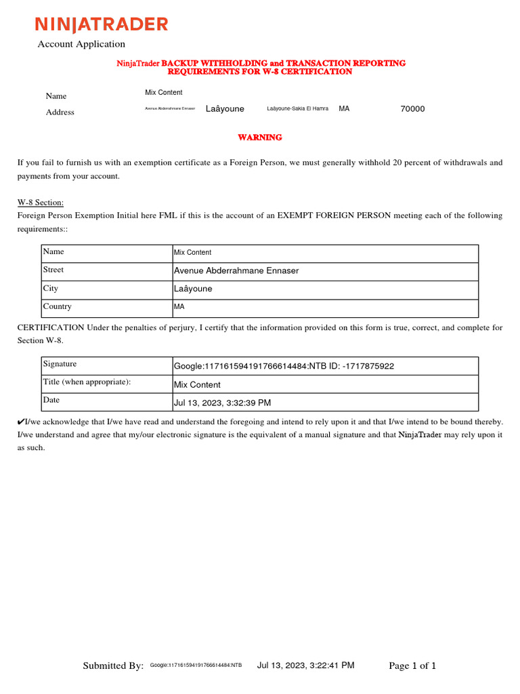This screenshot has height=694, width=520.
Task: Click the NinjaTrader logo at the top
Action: (102, 25)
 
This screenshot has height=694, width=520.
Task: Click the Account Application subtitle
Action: (81, 44)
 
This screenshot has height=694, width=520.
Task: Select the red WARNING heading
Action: (259, 138)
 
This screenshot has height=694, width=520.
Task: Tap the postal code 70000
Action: (413, 108)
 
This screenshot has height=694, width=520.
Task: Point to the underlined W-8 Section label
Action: (41, 203)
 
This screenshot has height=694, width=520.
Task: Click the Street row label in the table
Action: (53, 270)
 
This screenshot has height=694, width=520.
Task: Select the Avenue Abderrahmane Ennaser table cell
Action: (236, 270)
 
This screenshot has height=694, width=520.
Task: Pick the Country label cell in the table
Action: (57, 306)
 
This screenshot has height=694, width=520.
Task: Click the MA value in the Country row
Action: (179, 307)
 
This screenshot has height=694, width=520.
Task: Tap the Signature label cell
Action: (60, 364)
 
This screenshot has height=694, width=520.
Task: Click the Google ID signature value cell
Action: (284, 366)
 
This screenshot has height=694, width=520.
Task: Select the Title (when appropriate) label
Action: (87, 382)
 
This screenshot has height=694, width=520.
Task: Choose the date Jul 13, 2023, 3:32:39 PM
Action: (223, 403)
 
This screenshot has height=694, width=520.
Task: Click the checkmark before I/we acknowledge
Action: (21, 422)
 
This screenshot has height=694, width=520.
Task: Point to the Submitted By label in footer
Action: (113, 666)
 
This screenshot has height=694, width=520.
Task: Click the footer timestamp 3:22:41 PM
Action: (306, 666)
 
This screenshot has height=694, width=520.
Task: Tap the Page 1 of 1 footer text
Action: (412, 666)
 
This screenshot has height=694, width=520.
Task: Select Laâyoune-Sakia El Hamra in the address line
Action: (298, 108)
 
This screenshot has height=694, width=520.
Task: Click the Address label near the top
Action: (60, 113)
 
